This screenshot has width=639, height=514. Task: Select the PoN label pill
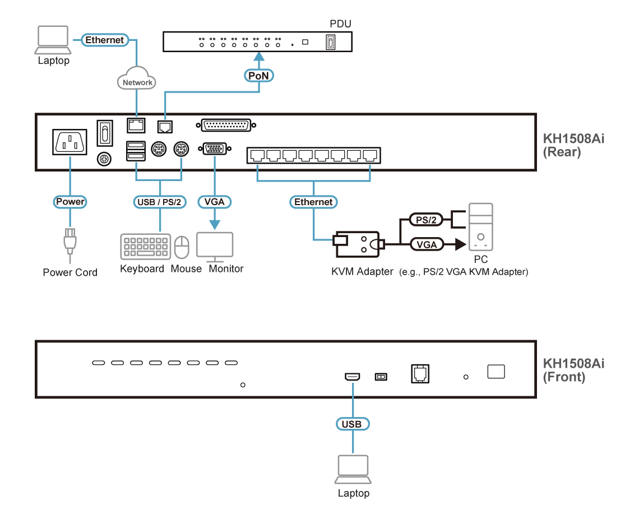[x=258, y=75]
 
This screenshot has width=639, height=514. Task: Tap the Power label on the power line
[x=70, y=202]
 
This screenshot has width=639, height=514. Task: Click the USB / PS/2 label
[x=160, y=202]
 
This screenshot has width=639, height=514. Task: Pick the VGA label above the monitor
[x=215, y=202]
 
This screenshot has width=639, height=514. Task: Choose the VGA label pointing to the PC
[x=427, y=244]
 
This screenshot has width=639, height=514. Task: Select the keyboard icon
[x=145, y=247]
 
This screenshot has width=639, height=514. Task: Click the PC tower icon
[x=480, y=227]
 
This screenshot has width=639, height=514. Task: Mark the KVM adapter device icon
[x=357, y=244]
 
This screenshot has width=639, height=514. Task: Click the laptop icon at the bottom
[x=353, y=469]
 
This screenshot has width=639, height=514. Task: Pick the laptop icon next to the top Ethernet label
[x=53, y=40]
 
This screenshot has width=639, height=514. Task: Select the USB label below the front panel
[x=352, y=424]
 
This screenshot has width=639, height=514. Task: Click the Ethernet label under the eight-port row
[x=314, y=202]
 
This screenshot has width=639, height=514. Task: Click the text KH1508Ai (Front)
[x=572, y=370]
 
